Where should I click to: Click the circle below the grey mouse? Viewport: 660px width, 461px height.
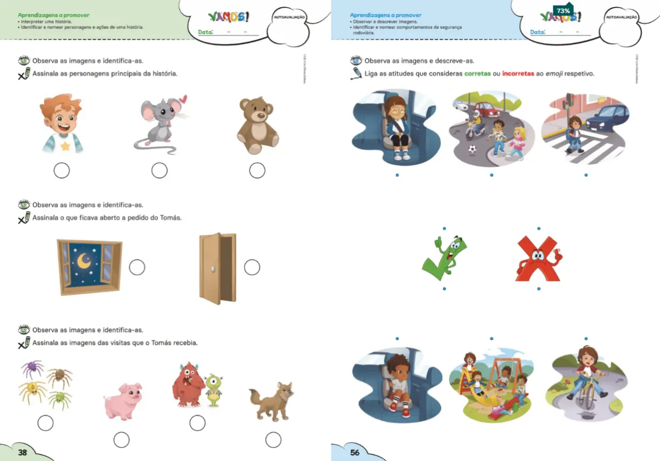point(159,171)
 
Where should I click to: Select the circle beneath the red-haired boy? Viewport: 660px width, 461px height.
point(62,171)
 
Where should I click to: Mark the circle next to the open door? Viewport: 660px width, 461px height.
point(252,267)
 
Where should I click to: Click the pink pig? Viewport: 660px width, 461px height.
point(123,401)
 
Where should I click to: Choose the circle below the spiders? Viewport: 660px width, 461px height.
point(45,423)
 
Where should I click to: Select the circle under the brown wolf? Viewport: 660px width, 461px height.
point(273,440)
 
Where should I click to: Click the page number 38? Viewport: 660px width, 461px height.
point(23,452)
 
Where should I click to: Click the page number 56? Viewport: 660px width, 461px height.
point(355,452)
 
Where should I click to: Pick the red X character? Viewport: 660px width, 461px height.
point(538,259)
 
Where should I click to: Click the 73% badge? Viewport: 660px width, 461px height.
point(563,11)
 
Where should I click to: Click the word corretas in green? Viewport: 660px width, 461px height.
point(477,74)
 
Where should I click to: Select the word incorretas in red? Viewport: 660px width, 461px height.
point(518,74)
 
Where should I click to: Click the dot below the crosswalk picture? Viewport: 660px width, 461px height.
point(586,175)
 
